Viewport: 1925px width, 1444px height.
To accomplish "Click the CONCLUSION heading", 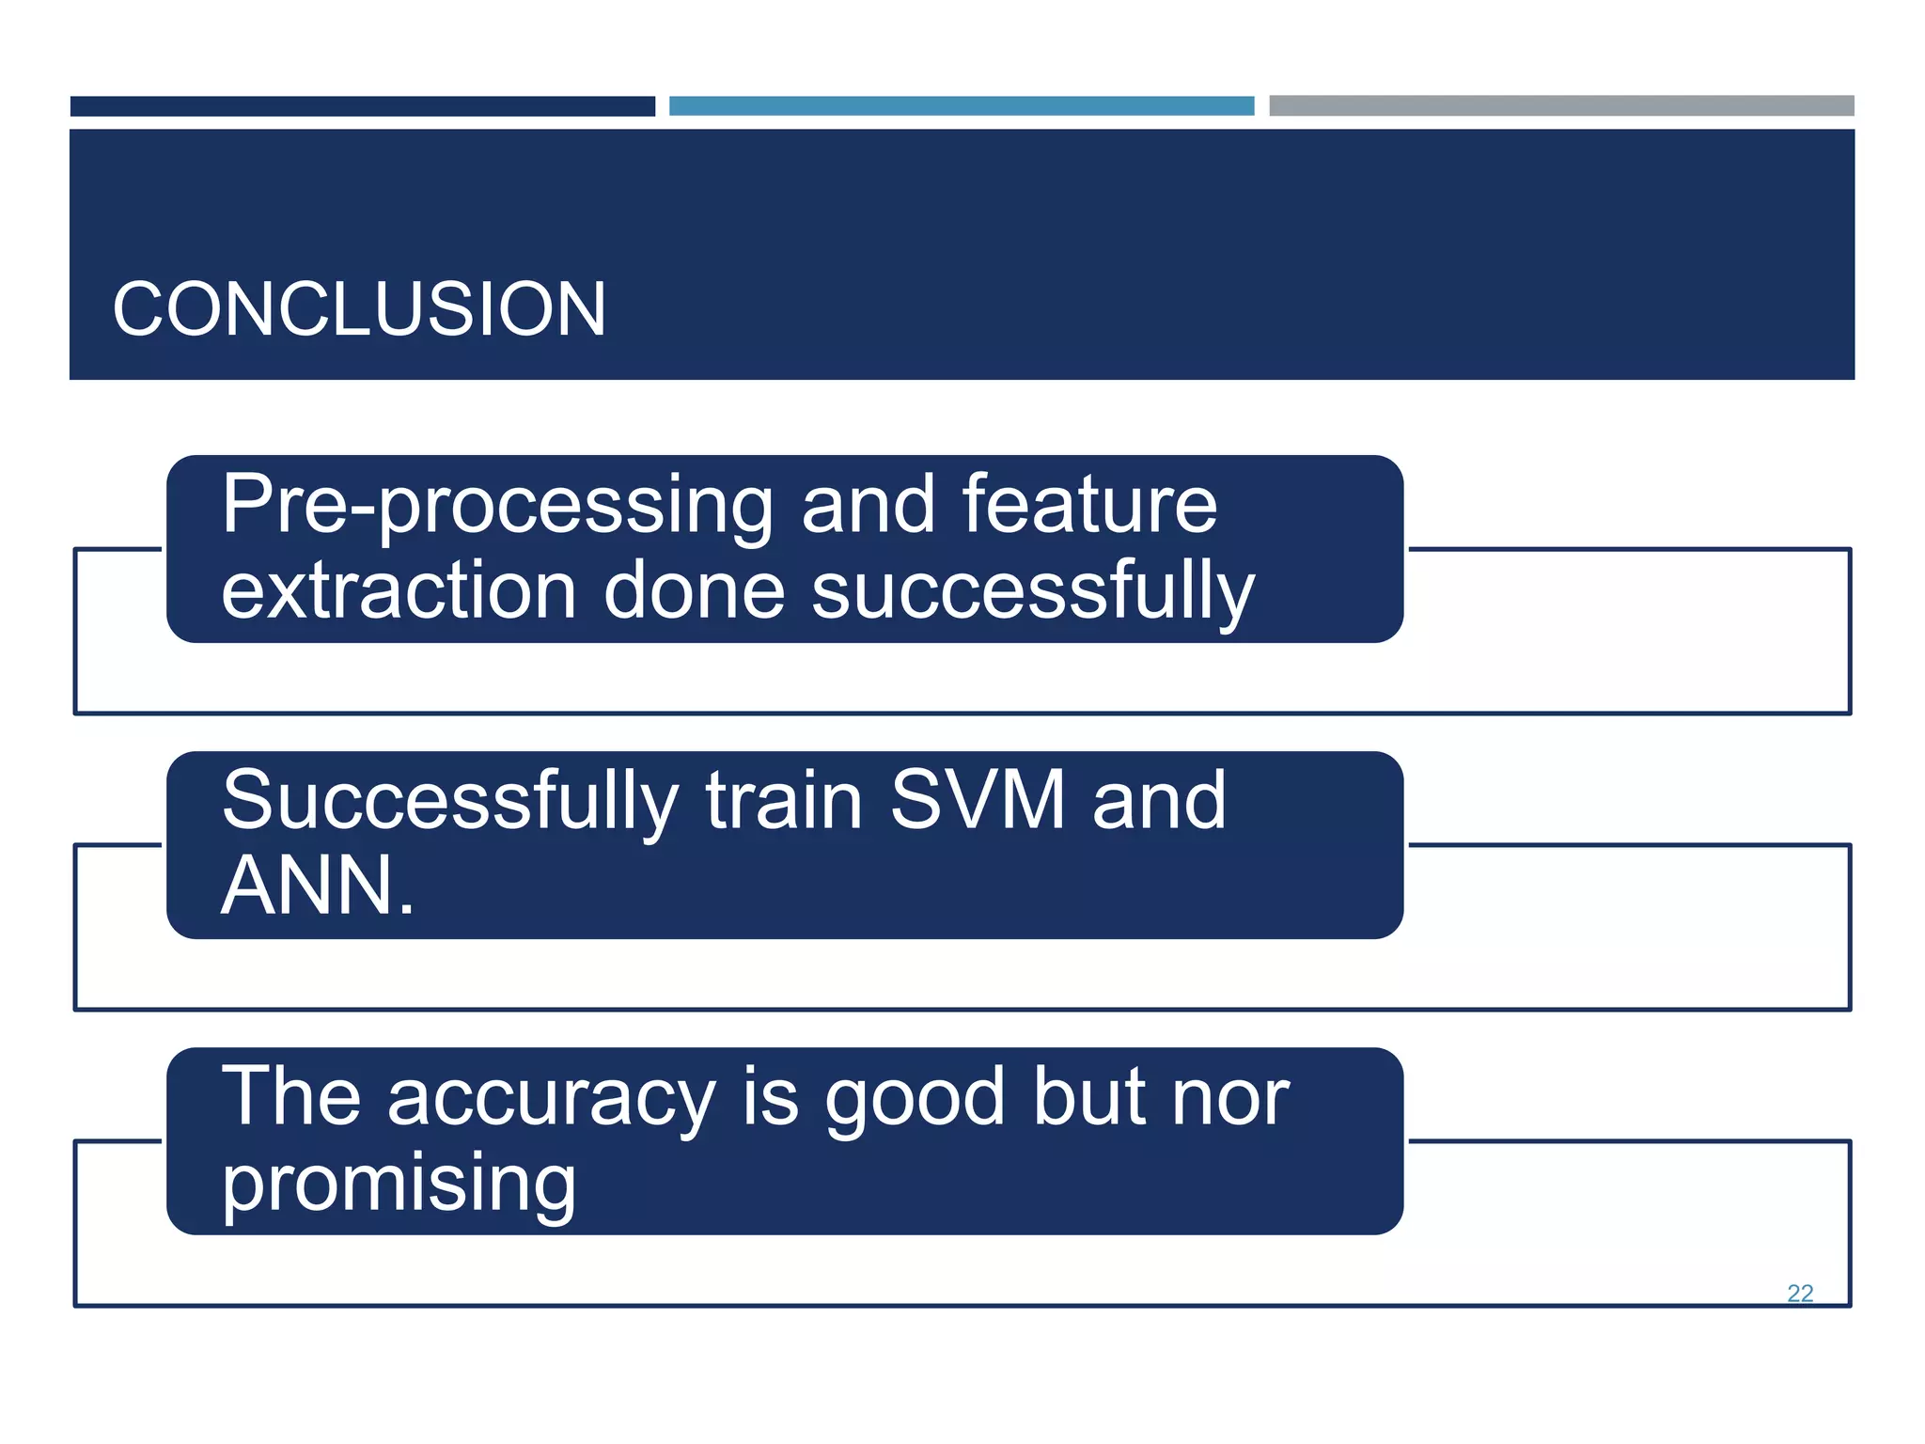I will click(359, 309).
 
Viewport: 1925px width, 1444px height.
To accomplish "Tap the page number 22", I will click(1799, 1293).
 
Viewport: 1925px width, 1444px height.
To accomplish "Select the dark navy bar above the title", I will click(362, 106).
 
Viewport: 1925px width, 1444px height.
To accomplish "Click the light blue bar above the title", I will click(961, 106).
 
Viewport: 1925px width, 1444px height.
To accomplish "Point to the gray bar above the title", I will click(1560, 105).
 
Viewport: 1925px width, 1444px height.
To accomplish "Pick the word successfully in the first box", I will click(1032, 592).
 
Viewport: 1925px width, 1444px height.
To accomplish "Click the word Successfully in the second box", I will click(449, 802).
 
